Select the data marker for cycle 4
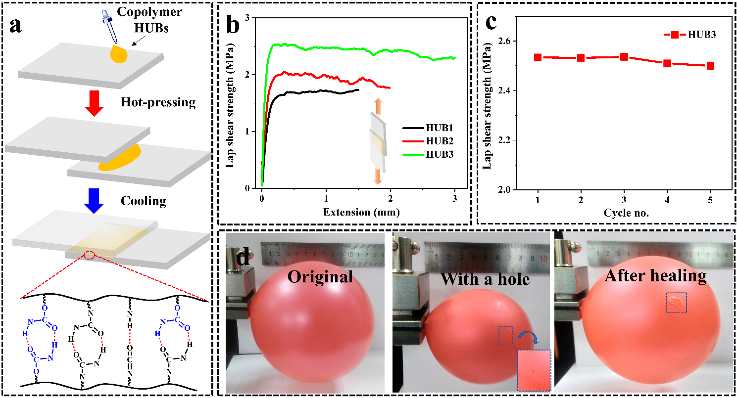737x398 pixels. pos(667,63)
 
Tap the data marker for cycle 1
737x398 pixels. pos(538,57)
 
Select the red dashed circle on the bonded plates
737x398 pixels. pos(90,255)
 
